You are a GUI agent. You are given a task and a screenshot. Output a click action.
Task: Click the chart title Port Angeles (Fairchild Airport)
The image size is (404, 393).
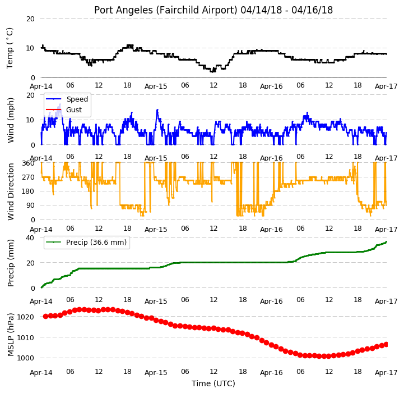click(165, 10)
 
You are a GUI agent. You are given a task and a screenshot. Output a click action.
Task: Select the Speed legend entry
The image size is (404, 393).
click(67, 99)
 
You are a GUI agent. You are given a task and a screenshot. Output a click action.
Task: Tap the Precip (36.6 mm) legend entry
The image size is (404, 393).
click(86, 242)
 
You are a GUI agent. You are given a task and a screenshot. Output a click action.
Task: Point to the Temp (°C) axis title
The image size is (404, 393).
click(10, 48)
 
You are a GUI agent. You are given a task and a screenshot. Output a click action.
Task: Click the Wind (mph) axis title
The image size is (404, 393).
click(10, 120)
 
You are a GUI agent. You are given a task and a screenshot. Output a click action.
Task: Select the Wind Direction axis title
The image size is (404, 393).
click(10, 192)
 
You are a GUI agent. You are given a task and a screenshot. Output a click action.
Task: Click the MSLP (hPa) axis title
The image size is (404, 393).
click(10, 335)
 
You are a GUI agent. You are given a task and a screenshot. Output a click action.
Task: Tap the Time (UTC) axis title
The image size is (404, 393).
click(213, 383)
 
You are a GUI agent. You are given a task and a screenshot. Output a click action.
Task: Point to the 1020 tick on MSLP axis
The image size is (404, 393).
click(26, 317)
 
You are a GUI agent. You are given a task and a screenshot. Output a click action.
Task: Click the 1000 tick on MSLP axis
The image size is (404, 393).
click(26, 358)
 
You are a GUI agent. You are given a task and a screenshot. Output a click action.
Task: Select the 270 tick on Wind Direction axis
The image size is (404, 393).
click(28, 177)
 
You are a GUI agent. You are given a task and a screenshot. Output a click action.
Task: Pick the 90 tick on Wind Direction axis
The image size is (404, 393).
click(30, 205)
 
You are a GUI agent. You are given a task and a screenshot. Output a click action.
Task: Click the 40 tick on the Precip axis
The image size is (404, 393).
click(30, 237)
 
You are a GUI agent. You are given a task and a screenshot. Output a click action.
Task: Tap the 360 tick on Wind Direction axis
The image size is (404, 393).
click(28, 163)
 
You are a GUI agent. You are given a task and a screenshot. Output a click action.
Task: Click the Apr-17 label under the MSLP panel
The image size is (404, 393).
click(386, 373)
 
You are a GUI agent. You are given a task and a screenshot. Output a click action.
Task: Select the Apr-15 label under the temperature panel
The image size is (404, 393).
click(156, 86)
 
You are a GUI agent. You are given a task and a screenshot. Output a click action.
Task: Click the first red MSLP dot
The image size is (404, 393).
click(45, 316)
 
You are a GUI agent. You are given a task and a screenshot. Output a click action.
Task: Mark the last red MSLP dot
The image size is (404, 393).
click(386, 345)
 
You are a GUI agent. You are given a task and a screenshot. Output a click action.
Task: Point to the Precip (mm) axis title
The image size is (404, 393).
click(10, 263)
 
